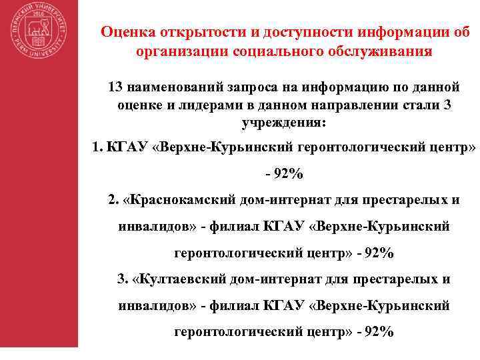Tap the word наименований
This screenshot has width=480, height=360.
coord(175,87)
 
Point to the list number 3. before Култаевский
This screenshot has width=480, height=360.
coord(122,278)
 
